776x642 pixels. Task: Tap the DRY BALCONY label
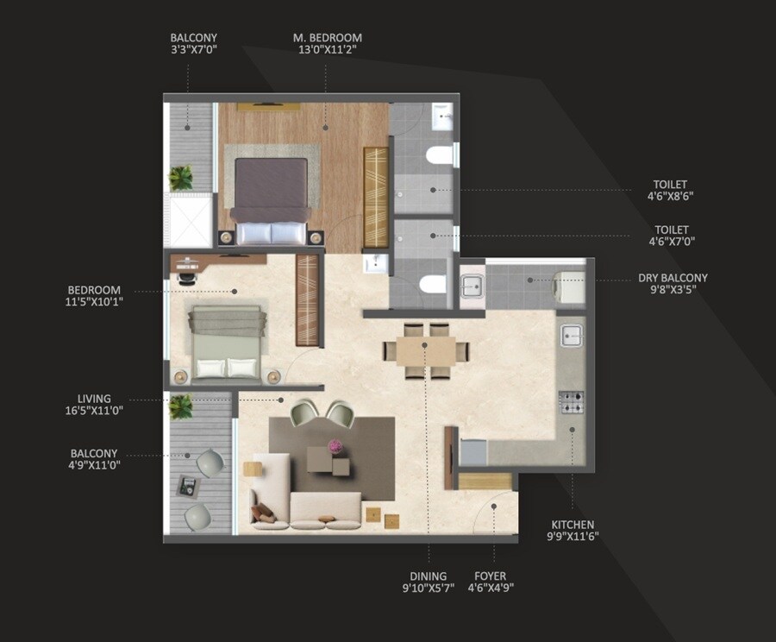(x=673, y=278)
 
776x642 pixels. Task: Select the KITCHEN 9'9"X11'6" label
(x=573, y=530)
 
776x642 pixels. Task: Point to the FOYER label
(x=491, y=576)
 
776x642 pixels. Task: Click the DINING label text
(x=429, y=576)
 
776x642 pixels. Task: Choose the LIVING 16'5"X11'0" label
(x=101, y=405)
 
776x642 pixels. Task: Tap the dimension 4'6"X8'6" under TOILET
(x=672, y=196)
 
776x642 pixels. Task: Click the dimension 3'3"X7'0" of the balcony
(x=193, y=50)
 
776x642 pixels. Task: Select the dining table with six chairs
(x=426, y=350)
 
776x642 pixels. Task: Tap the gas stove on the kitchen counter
(x=571, y=401)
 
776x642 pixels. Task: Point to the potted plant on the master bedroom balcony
(x=181, y=178)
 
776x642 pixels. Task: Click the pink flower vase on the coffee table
(x=335, y=446)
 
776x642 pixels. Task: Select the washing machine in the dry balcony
(x=570, y=286)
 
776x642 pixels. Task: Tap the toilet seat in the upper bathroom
(x=440, y=157)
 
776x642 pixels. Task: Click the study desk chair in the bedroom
(x=185, y=275)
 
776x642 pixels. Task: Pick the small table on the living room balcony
(x=187, y=487)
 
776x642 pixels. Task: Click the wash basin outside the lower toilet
(x=376, y=264)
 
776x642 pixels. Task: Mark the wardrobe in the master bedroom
(x=376, y=198)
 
